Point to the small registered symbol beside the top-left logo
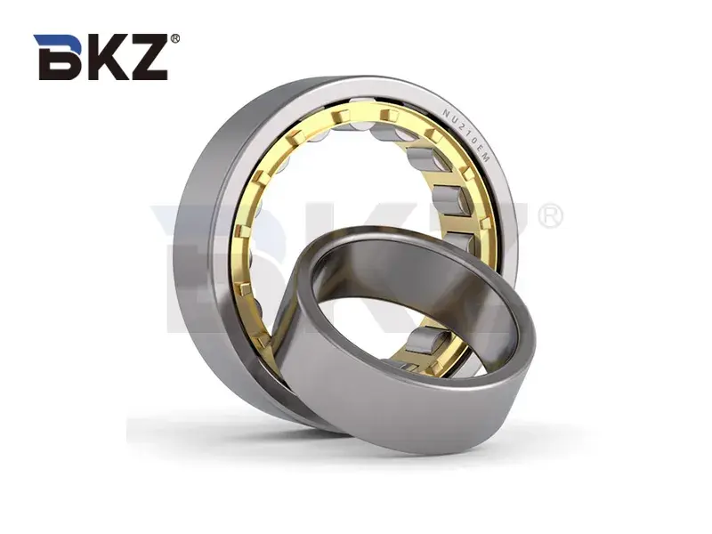point(174,39)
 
